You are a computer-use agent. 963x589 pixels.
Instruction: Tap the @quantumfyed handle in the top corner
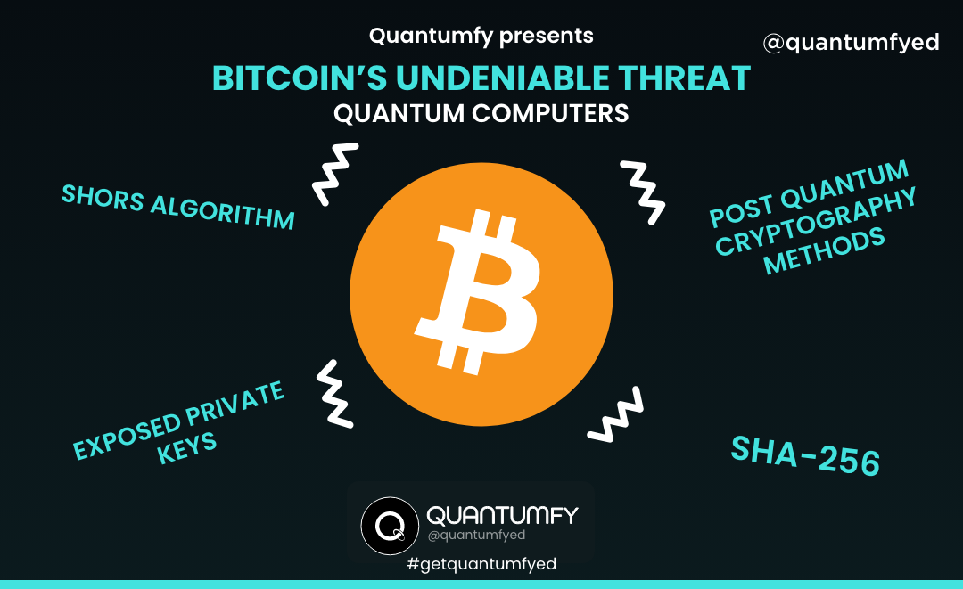point(851,42)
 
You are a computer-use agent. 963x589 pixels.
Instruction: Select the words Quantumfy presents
point(481,37)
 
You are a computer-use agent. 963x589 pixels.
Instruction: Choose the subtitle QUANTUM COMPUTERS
point(481,114)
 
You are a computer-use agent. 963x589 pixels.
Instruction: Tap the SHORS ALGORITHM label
point(177,207)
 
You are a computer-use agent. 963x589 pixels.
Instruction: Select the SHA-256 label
point(805,455)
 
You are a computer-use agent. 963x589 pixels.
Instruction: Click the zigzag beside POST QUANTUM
point(642,191)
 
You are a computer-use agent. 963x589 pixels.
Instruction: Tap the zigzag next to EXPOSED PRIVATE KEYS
point(334,392)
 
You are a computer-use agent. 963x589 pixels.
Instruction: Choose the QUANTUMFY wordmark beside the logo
point(502,515)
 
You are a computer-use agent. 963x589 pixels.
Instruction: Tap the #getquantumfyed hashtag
point(481,565)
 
